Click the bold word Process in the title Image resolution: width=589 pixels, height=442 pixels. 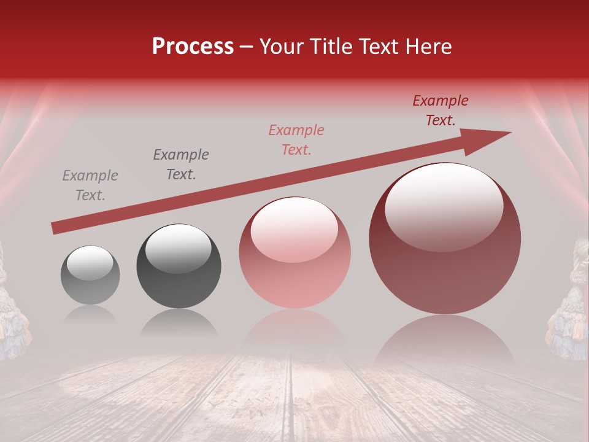(x=193, y=47)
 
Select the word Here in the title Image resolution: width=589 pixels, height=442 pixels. (x=428, y=47)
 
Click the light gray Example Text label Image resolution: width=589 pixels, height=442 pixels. (x=90, y=185)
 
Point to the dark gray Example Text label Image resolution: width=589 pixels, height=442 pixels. (x=181, y=165)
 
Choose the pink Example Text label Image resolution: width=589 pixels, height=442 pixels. (x=296, y=140)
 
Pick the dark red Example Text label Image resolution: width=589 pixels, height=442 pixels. (x=440, y=110)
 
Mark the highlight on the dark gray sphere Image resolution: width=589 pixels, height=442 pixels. (x=178, y=247)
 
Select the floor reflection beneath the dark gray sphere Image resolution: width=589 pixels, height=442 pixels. (x=179, y=323)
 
